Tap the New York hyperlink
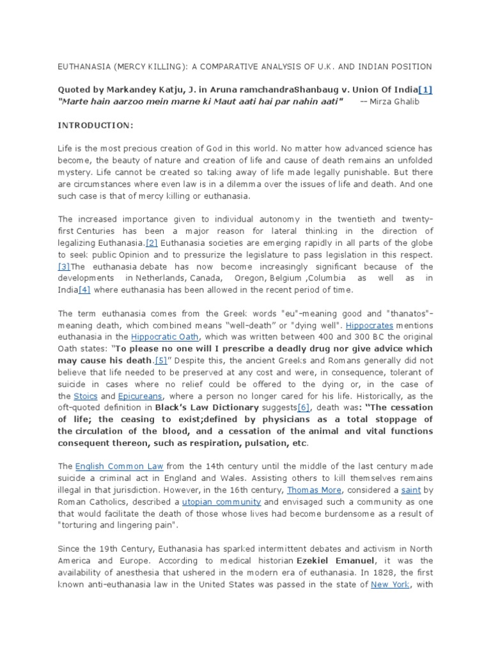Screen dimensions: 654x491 click(x=391, y=584)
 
